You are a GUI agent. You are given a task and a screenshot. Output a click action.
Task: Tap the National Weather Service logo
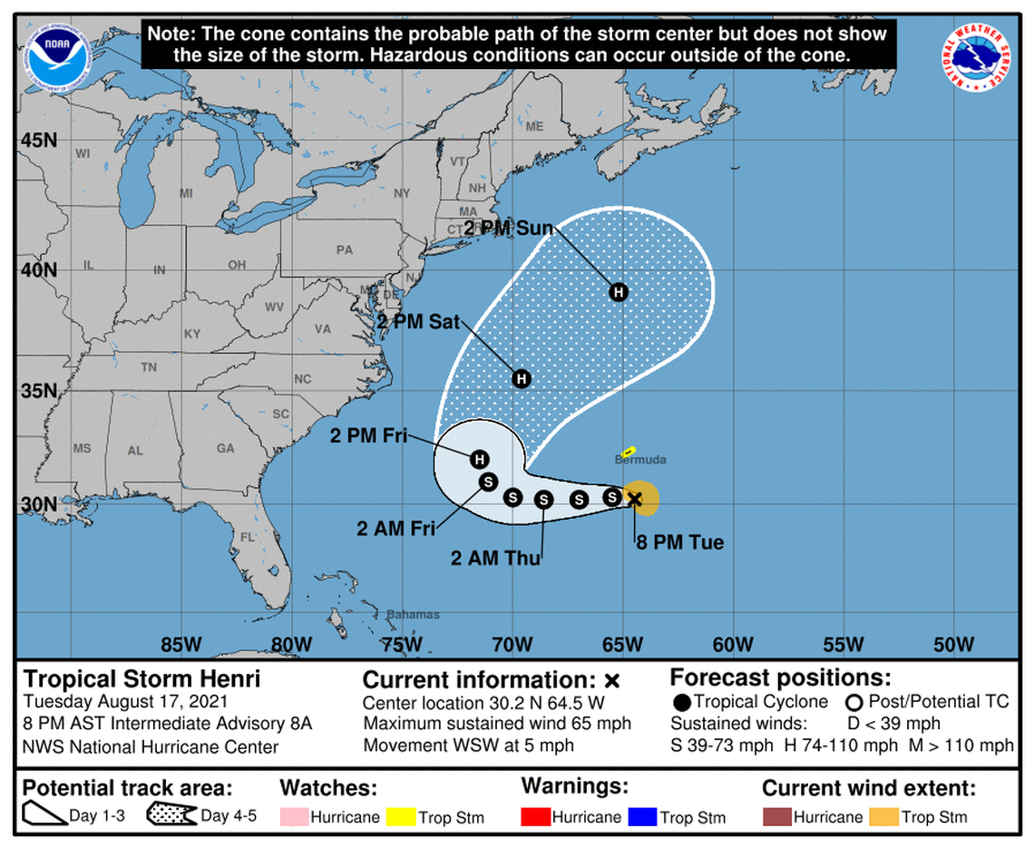coord(977,56)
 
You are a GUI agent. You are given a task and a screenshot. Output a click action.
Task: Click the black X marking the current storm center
coord(634,498)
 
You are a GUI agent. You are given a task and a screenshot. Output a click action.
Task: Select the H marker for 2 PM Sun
coord(619,292)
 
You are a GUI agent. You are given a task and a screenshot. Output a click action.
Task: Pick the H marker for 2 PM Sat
coord(521,378)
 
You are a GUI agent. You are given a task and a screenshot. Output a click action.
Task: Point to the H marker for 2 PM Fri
coord(479,459)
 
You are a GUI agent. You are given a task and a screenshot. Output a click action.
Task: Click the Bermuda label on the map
coord(640,460)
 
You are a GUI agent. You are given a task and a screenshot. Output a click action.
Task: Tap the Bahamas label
coord(413,615)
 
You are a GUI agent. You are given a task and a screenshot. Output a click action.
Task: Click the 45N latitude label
coord(38,141)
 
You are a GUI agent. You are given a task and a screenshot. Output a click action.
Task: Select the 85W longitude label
coord(181,645)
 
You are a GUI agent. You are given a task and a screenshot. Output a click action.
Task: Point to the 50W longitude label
coord(953,645)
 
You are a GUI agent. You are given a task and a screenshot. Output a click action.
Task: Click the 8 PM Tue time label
coord(678,543)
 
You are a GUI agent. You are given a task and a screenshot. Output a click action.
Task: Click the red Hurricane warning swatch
coord(535,816)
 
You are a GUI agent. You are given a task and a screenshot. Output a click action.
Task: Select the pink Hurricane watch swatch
coord(294,816)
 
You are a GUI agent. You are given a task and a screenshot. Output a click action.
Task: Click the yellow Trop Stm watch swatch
coord(401,816)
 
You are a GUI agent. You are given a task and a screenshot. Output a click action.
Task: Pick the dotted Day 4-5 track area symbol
coord(171,815)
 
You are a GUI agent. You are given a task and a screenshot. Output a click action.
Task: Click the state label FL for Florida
coord(246,537)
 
